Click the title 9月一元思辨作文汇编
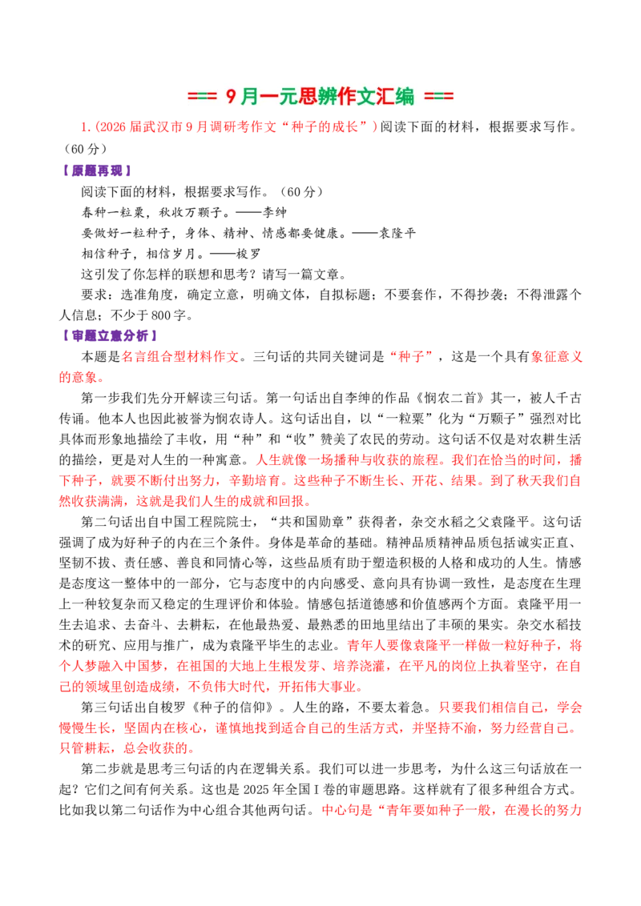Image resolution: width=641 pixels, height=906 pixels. [x=320, y=96]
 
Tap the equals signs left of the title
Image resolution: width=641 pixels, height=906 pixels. [x=202, y=97]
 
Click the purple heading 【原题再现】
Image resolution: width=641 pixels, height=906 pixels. [x=96, y=170]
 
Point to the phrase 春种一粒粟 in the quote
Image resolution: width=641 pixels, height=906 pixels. [x=113, y=212]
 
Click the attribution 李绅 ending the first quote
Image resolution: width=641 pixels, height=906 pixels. [x=275, y=212]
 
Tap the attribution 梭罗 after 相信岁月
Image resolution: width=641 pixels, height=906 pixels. [x=248, y=254]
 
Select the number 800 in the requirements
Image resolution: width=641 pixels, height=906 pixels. [x=161, y=315]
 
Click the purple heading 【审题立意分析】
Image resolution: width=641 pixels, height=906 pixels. [x=109, y=335]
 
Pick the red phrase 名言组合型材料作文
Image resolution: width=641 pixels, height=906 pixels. [x=180, y=356]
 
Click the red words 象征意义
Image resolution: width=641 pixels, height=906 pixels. [x=556, y=356]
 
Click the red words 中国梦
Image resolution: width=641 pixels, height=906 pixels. [x=143, y=666]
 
